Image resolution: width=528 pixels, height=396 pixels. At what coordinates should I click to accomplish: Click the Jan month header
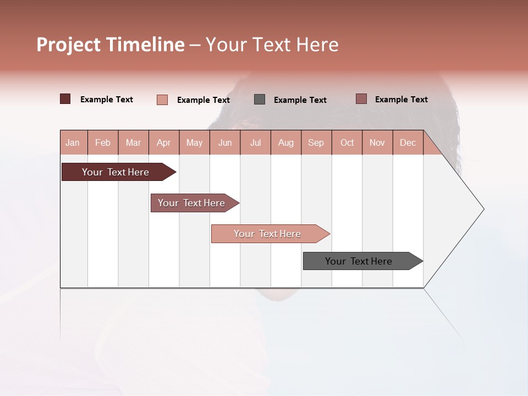click(x=73, y=142)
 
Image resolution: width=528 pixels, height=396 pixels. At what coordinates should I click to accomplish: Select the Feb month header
click(x=103, y=142)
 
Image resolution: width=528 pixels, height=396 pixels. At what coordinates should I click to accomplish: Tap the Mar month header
click(x=133, y=142)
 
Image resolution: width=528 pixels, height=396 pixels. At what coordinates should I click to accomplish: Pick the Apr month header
click(x=163, y=142)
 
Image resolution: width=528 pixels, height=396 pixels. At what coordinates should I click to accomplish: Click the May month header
click(x=194, y=142)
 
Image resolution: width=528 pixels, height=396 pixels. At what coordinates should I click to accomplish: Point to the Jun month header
click(x=225, y=142)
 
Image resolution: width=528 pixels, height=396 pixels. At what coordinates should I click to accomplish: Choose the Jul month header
click(x=255, y=142)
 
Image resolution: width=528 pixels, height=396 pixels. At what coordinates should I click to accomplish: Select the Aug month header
click(x=285, y=142)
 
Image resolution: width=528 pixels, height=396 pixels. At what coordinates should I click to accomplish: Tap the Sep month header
click(x=316, y=142)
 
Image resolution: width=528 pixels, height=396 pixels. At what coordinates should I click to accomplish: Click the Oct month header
click(x=347, y=142)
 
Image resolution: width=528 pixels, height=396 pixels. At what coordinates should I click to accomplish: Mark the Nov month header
click(x=377, y=142)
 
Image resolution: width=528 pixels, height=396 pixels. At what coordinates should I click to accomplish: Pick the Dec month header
click(x=408, y=142)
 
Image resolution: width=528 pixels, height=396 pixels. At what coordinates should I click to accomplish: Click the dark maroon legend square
click(x=65, y=99)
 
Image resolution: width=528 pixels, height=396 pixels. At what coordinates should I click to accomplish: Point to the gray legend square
click(x=260, y=99)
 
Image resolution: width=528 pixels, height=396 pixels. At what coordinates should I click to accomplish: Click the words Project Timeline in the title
click(x=111, y=45)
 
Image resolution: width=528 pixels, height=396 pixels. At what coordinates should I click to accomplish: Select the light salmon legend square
click(x=162, y=100)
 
